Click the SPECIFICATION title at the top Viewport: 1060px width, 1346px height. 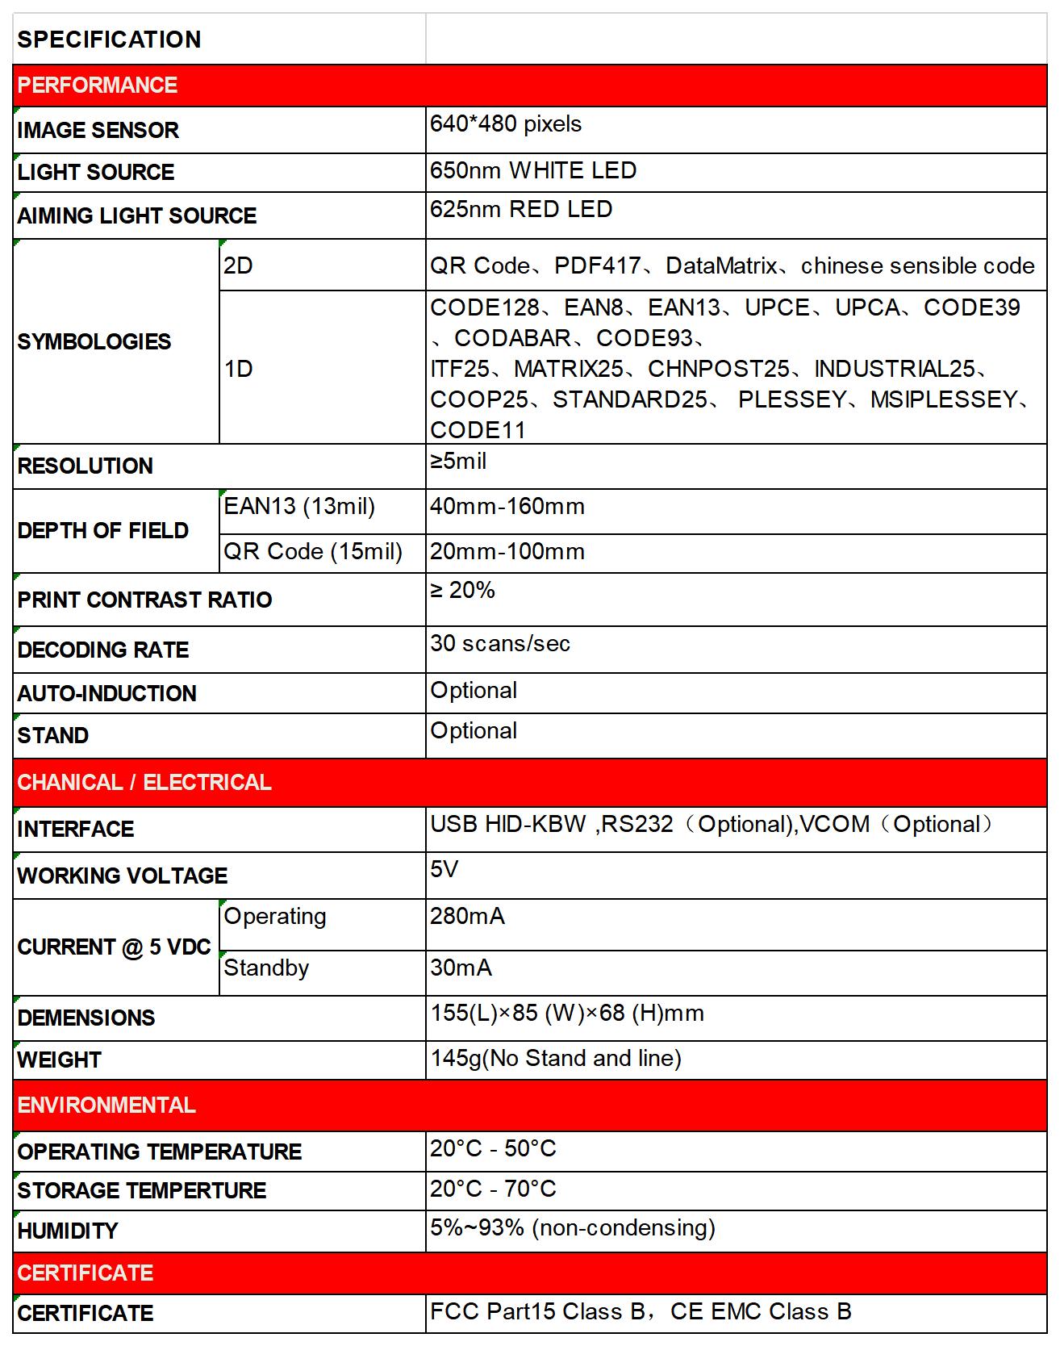pos(109,40)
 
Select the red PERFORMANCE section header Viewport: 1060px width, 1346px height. pos(98,86)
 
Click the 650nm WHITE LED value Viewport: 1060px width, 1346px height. pos(533,171)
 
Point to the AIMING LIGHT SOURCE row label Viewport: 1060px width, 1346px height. pos(137,216)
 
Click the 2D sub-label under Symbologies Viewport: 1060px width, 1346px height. pos(238,265)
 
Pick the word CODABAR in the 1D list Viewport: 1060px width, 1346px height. pos(512,338)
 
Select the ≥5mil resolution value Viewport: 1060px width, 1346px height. pos(458,462)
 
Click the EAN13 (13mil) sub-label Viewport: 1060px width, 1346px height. pos(299,507)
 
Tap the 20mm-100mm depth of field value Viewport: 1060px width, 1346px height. pos(507,552)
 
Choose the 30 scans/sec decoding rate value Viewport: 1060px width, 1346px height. pos(500,644)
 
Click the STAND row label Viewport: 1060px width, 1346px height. pos(53,736)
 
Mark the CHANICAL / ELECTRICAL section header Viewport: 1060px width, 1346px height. pos(144,783)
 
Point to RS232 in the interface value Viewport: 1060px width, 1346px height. pos(637,825)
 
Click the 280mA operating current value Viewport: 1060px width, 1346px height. pos(467,917)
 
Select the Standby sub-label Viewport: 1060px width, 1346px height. pos(266,968)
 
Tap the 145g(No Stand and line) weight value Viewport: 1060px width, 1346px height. pos(556,1059)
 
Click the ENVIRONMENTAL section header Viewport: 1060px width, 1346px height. pos(106,1106)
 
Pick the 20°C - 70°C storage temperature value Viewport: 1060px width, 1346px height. pos(493,1189)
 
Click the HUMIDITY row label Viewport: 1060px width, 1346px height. pos(68,1231)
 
